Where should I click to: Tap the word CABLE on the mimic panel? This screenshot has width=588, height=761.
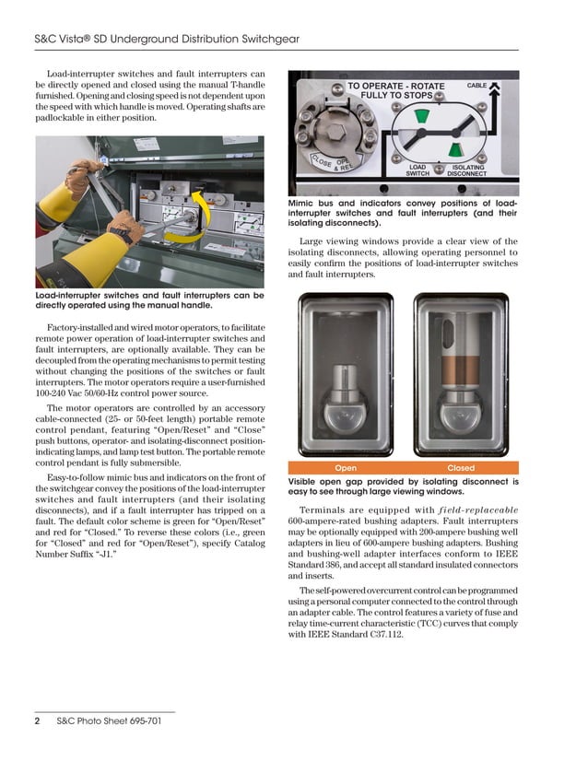point(476,85)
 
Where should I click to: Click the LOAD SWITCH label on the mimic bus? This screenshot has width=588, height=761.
point(418,170)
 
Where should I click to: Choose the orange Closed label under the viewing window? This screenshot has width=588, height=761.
point(460,468)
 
